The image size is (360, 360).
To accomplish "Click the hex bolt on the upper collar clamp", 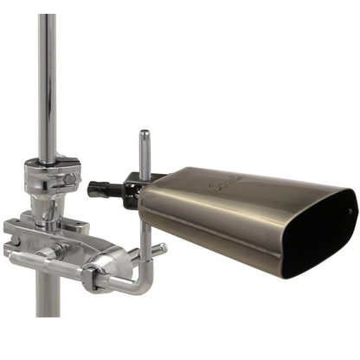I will [x=67, y=179].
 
